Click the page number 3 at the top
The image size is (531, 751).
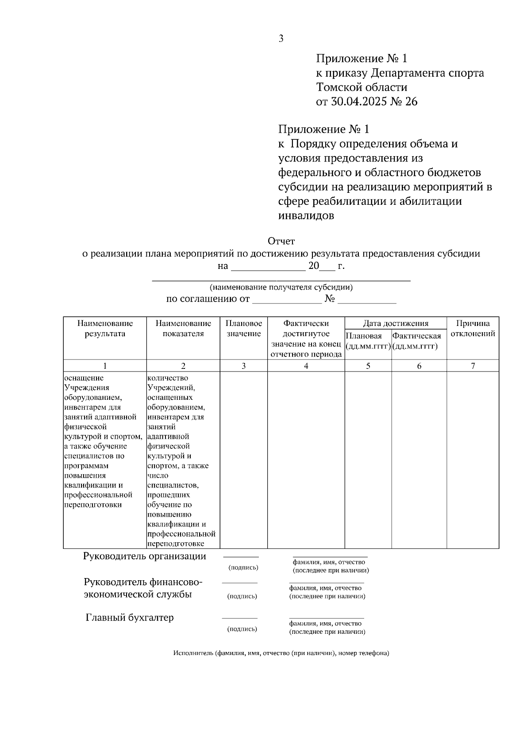point(281,39)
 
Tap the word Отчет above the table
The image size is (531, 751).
point(281,241)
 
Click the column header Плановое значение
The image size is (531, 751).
point(244,329)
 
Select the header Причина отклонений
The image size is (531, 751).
point(473,329)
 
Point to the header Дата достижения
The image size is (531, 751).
point(396,323)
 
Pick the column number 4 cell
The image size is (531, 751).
point(306,366)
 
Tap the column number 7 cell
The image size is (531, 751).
point(473,366)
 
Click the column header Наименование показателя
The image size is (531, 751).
point(183,329)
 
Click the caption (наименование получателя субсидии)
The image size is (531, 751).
point(281,287)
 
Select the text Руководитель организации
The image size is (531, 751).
point(145,556)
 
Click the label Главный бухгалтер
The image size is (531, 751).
point(130,617)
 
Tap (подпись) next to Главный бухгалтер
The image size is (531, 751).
point(242,628)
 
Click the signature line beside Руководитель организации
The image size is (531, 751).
point(241,557)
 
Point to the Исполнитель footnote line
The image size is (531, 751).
point(281,653)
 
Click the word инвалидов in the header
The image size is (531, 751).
point(306,216)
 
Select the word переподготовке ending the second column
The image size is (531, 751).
point(176,544)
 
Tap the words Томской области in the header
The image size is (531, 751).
point(362,87)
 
